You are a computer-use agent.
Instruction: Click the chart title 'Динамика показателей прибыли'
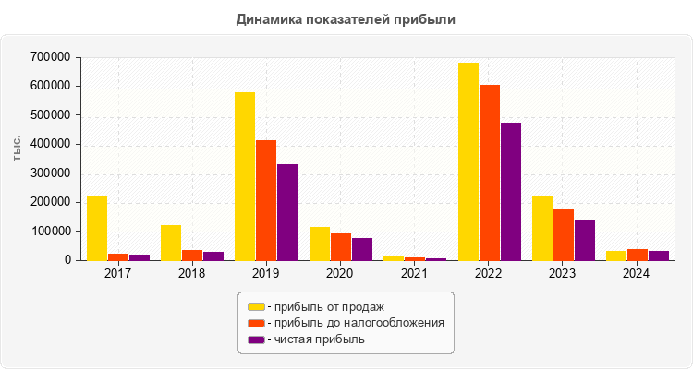346,18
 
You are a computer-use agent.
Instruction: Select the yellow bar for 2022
468,161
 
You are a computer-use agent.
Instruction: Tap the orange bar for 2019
266,200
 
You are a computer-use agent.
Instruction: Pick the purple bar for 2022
511,191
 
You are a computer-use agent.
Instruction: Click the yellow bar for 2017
97,228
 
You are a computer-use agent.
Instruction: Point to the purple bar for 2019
287,212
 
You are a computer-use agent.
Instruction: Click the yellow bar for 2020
320,244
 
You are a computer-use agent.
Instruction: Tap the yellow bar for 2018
171,243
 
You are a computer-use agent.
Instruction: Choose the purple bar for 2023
585,240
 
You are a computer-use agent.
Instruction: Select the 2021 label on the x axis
415,274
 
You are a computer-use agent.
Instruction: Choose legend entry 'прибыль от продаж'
324,306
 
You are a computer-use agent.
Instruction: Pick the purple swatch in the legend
256,339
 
